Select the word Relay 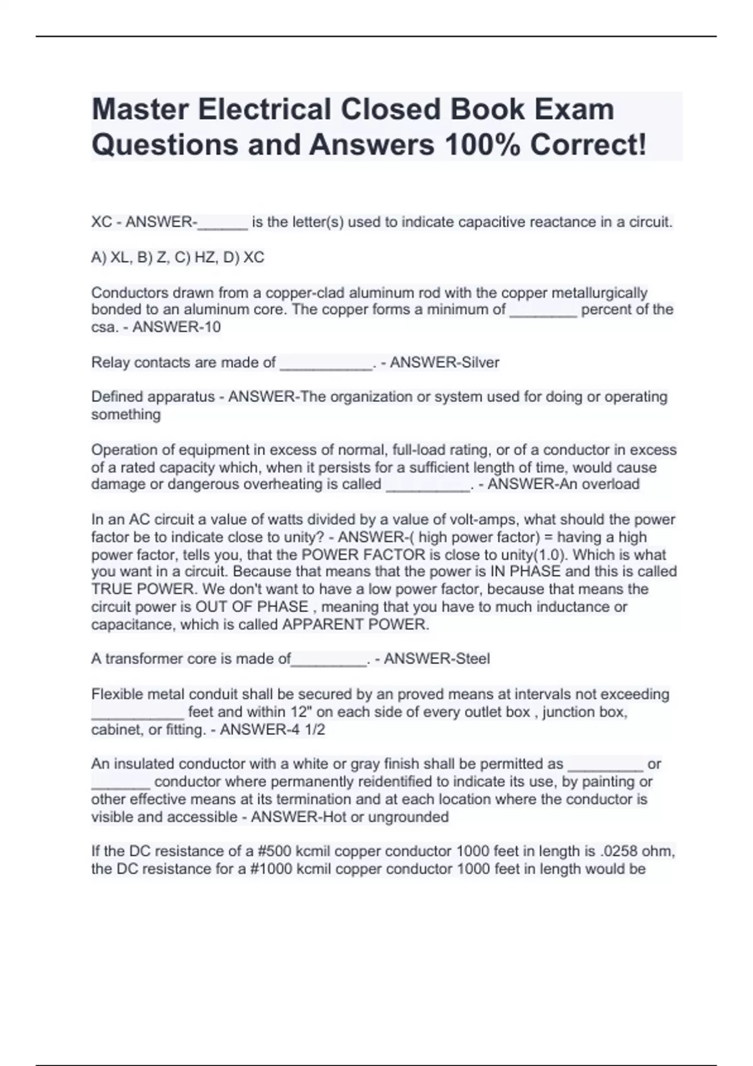[110, 362]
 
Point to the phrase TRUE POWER [143, 589]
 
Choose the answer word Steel [472, 659]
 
